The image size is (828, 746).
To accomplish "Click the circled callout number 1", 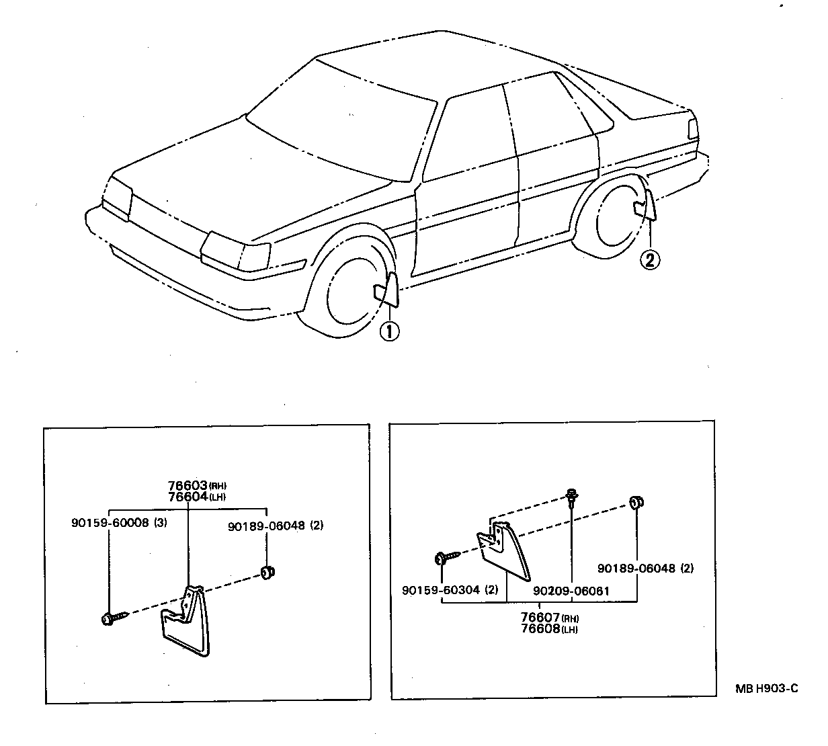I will coord(389,331).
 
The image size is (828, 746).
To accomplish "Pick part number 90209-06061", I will coord(571,591).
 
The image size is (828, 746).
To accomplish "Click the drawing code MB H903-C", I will coord(765,688).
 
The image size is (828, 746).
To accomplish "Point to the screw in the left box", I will coord(112,618).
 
